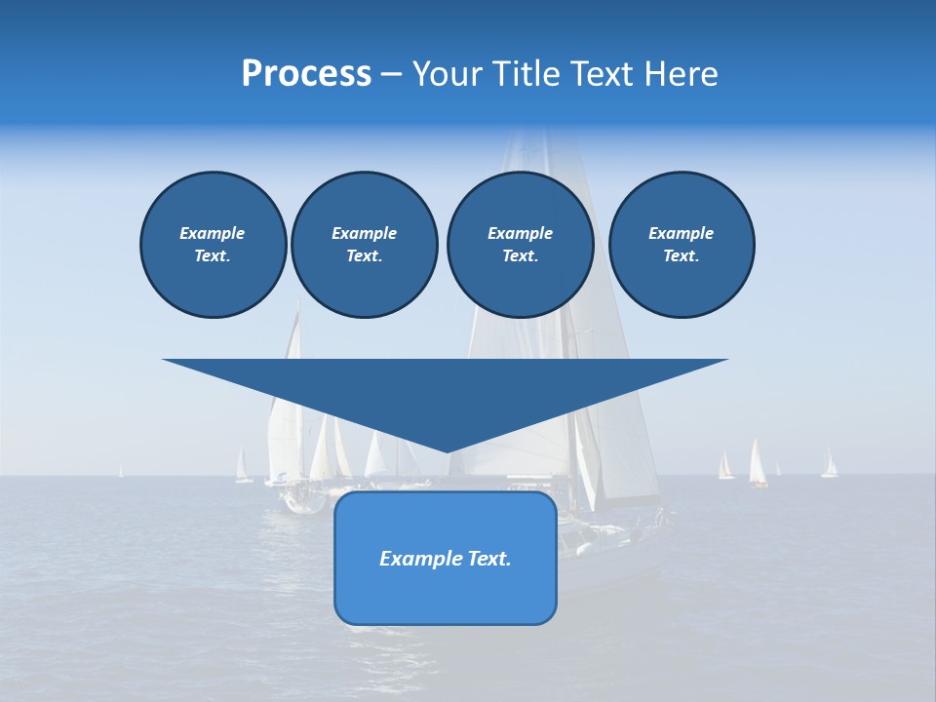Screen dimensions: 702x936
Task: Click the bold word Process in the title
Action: (x=306, y=74)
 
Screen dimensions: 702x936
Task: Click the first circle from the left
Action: (x=213, y=245)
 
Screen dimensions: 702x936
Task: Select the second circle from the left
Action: (x=364, y=245)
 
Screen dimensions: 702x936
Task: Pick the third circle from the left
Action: (x=520, y=245)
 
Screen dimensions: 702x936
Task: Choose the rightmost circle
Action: (x=682, y=245)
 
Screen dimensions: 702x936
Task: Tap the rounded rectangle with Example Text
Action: (x=446, y=558)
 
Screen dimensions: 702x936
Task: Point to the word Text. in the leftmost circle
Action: (x=213, y=256)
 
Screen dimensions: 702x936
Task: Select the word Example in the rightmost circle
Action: (x=682, y=233)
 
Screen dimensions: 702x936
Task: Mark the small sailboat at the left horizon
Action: (x=243, y=467)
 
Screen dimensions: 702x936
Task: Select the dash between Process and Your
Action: (x=391, y=74)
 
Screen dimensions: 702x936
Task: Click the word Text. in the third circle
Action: (x=520, y=256)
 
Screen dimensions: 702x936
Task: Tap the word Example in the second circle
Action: (x=364, y=233)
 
